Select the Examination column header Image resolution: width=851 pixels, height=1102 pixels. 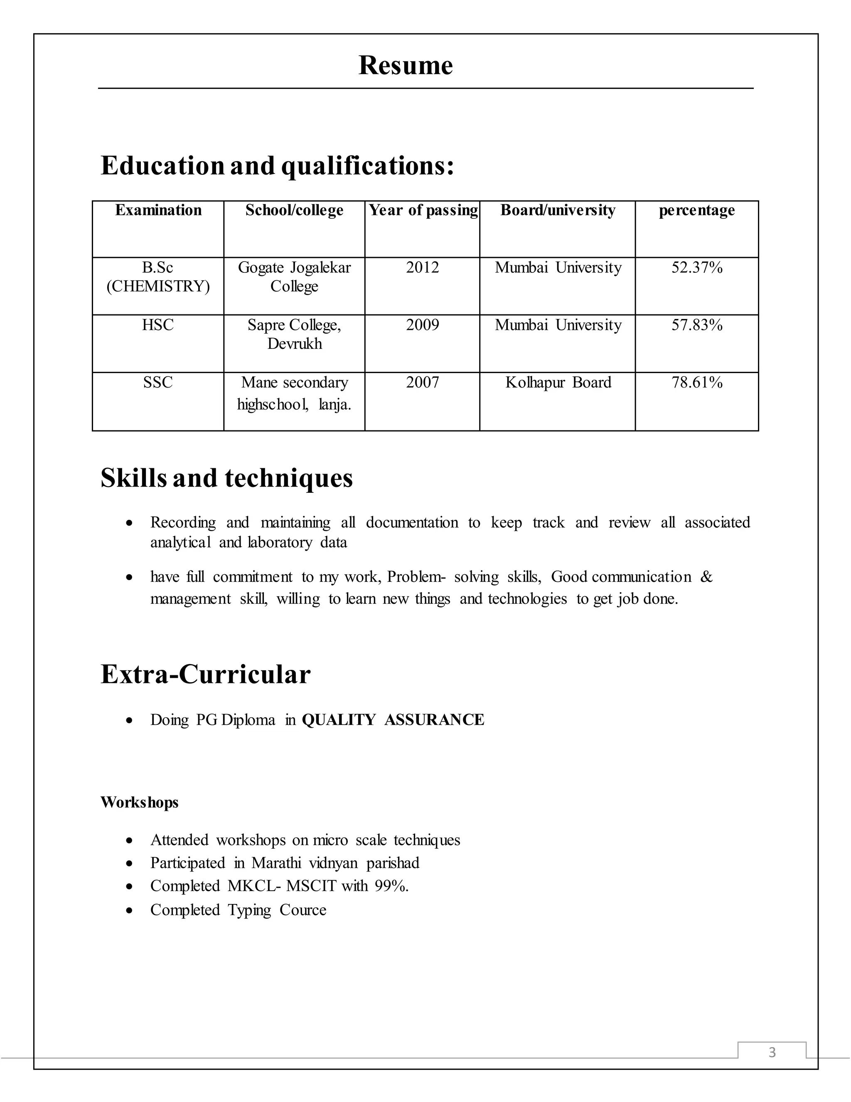point(158,210)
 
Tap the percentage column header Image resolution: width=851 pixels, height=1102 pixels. point(697,210)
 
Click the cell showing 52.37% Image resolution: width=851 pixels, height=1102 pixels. point(697,267)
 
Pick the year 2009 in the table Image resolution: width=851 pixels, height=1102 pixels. point(423,325)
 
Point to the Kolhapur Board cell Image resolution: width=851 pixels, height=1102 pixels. point(558,383)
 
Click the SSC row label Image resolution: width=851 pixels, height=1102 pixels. point(158,383)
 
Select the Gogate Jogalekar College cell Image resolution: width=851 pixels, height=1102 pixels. point(295,277)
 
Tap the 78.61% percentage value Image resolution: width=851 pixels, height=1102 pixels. point(697,383)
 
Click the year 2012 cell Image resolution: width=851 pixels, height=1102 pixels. point(423,267)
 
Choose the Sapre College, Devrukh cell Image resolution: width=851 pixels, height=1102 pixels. point(295,334)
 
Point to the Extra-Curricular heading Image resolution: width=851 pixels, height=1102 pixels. point(205,674)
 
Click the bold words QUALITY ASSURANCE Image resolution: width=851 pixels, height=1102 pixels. point(393,719)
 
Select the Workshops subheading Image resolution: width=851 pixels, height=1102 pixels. point(139,802)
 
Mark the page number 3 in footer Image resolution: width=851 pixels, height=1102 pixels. point(772,1052)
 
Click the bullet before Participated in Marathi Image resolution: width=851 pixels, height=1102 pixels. point(130,864)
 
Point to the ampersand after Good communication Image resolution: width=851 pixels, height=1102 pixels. point(706,577)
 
